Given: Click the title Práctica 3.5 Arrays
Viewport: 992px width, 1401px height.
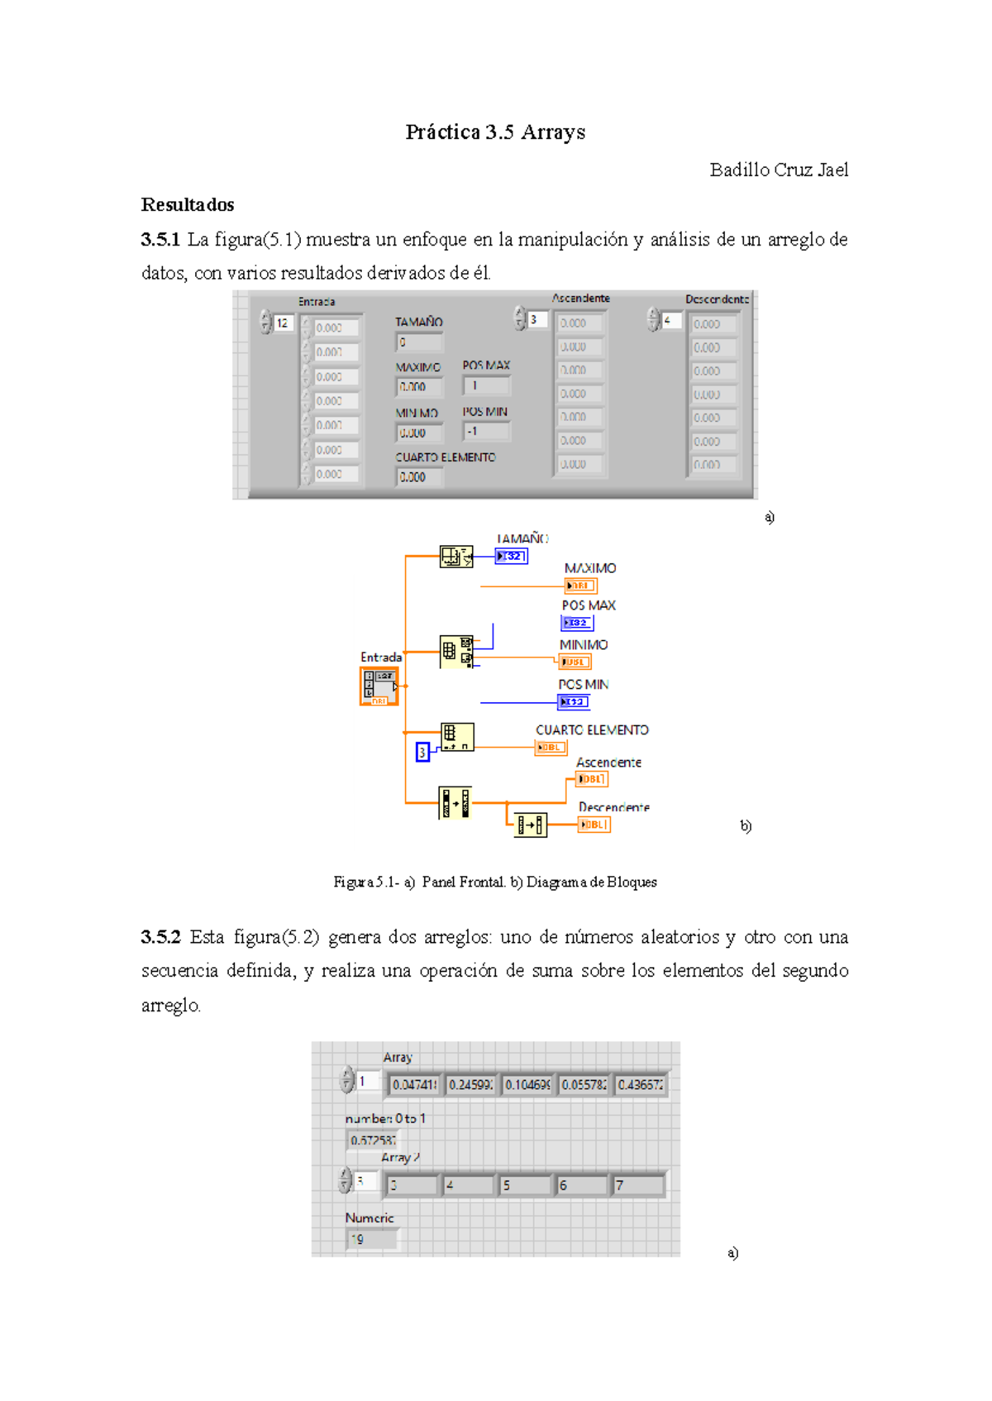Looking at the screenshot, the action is click(x=495, y=132).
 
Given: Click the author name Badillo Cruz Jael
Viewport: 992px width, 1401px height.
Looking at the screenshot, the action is click(x=779, y=170).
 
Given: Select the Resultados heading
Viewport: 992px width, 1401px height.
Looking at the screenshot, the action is click(x=188, y=205).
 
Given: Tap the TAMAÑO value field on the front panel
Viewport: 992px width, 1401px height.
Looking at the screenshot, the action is click(x=419, y=342).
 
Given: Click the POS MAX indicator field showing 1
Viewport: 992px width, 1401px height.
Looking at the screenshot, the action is click(x=487, y=385).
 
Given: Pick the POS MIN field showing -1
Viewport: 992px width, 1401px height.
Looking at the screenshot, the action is click(x=487, y=432).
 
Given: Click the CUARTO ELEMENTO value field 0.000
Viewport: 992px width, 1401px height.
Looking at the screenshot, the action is click(x=419, y=477).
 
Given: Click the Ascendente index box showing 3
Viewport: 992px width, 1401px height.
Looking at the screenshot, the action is click(x=537, y=319).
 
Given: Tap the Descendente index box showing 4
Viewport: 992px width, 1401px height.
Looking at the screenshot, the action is click(x=670, y=320).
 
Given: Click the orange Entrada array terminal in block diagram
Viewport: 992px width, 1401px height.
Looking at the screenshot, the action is click(x=379, y=686).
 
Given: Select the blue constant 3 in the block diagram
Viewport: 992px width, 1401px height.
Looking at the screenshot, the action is click(x=422, y=752).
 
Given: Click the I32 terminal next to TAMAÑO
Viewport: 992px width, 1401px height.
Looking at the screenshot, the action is click(x=512, y=557).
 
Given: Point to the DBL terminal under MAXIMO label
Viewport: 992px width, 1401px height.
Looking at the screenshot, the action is click(x=580, y=586).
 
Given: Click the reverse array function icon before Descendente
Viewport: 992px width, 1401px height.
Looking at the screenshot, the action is click(x=530, y=825).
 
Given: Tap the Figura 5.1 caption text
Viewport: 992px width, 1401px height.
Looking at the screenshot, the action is click(x=495, y=882).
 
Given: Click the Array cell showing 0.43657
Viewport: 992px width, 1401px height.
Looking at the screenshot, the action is click(x=640, y=1084).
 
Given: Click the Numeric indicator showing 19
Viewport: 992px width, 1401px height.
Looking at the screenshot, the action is click(x=372, y=1239).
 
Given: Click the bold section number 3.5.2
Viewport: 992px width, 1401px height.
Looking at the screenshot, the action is click(x=160, y=938).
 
